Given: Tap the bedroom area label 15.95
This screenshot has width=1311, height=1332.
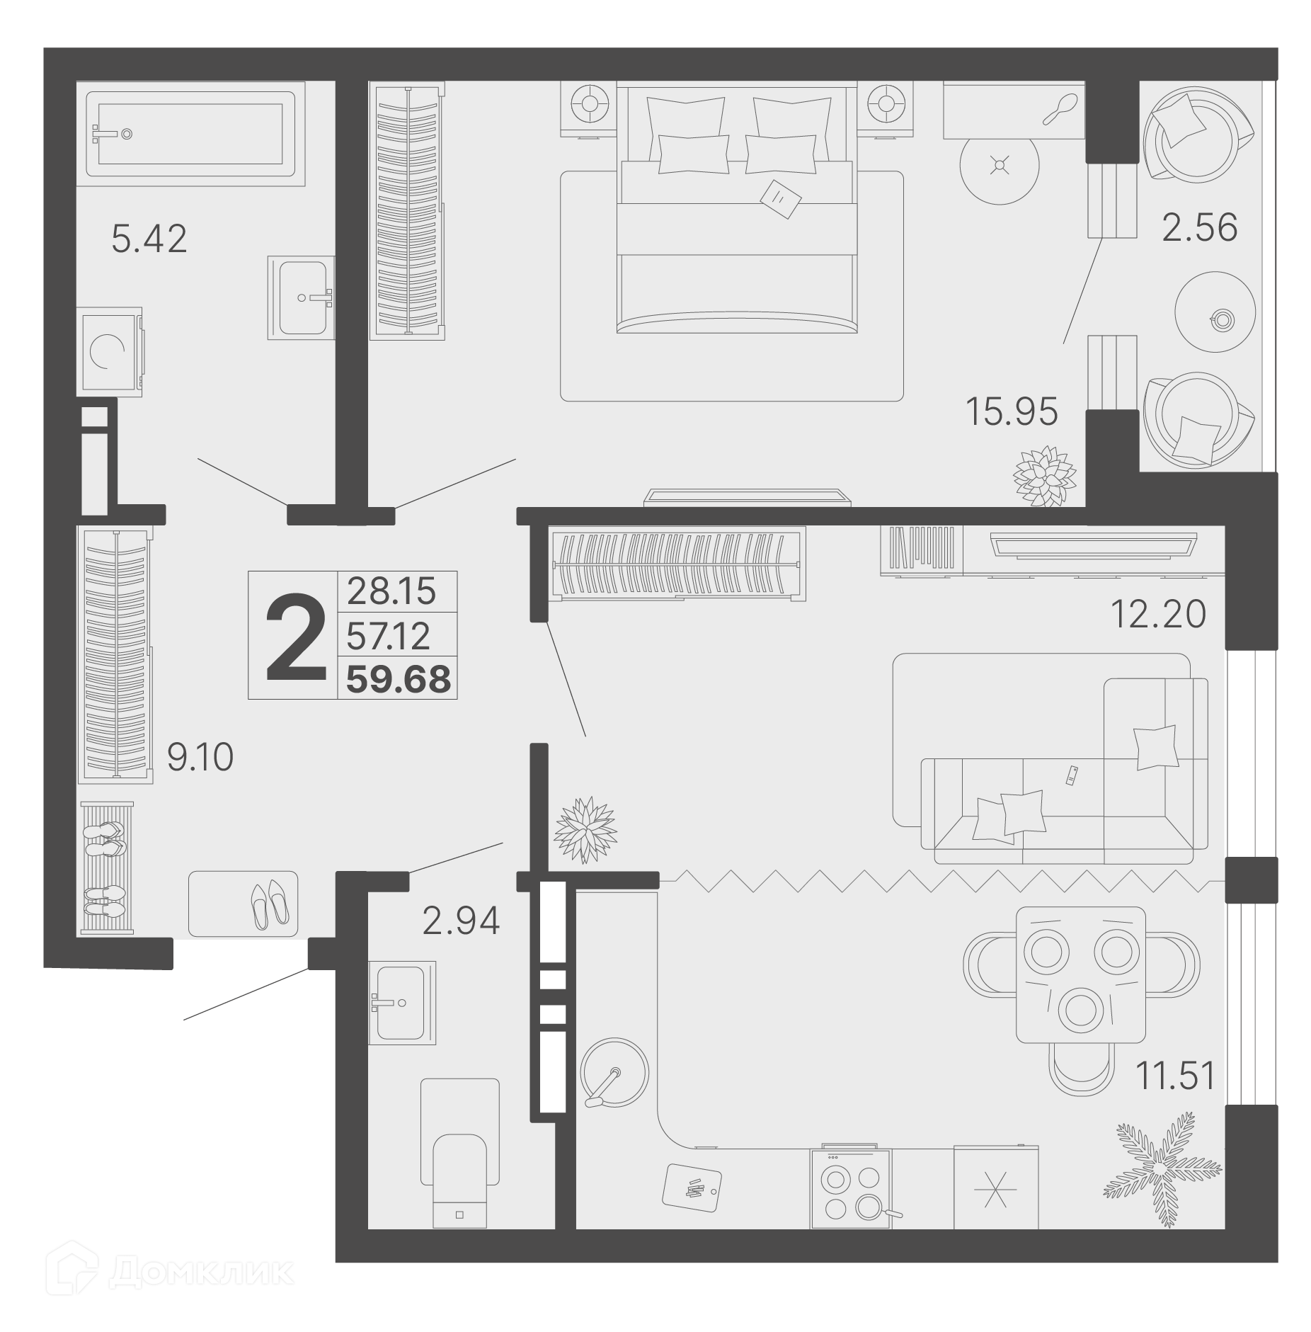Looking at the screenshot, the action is pos(1012,411).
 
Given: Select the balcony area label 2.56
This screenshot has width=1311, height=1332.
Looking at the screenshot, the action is pos(1199,227).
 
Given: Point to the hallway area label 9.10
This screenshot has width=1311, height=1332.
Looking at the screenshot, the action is pos(200,757).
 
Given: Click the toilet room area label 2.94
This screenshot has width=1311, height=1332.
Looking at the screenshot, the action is pos(461,920).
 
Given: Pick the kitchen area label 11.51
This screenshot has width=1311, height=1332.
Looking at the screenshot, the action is pos(1175,1076).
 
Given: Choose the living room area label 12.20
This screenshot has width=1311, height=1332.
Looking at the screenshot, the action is pos(1157,614).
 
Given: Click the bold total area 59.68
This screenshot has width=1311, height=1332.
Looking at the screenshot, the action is pos(398,679).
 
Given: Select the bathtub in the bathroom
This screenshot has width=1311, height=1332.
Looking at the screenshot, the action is pos(191,134).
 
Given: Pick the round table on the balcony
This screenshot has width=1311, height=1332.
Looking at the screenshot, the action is pos(1215,312).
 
